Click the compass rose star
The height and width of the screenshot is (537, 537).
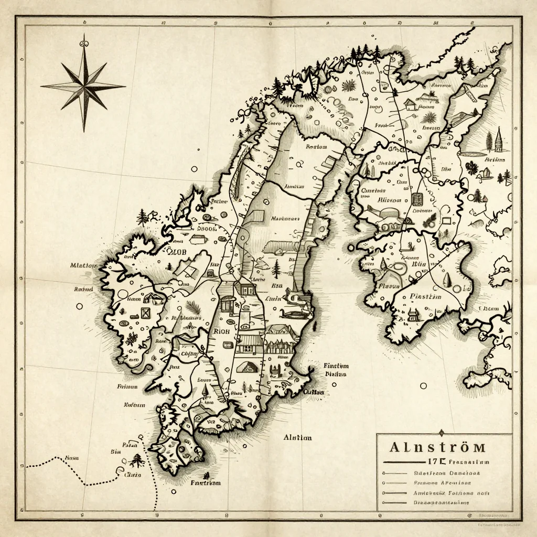[83, 84]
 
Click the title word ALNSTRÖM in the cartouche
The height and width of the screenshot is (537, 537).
[437, 447]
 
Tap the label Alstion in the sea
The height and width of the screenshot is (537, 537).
[297, 437]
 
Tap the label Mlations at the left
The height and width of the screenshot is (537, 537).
[84, 265]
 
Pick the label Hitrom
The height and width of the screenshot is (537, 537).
[389, 200]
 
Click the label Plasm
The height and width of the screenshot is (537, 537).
[389, 286]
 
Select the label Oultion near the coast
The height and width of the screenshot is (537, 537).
[314, 392]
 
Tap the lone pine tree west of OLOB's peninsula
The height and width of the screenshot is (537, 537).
[142, 217]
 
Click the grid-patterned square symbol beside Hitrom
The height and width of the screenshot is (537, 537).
[418, 199]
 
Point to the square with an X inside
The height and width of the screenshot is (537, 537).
[145, 313]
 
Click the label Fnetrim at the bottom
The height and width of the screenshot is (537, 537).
[205, 482]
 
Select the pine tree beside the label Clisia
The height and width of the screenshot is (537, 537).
[137, 461]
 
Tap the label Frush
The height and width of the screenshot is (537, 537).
[381, 126]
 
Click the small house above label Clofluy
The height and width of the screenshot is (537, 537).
[185, 343]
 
